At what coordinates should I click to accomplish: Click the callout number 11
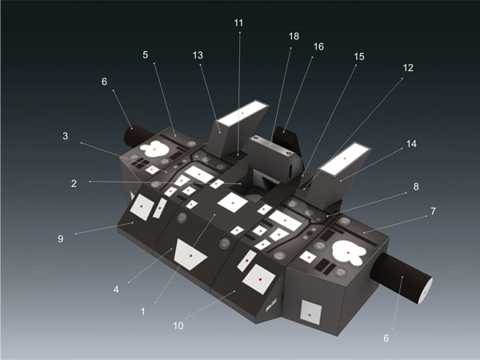tap(238, 23)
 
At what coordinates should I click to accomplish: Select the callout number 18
tap(294, 37)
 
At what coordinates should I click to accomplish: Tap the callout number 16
tap(318, 46)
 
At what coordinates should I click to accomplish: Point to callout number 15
tap(359, 57)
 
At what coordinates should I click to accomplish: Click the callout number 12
tap(408, 68)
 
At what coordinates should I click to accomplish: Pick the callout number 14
tap(411, 143)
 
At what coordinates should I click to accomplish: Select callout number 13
tap(198, 55)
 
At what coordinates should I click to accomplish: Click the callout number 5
tap(145, 54)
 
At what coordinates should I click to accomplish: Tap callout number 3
tap(66, 136)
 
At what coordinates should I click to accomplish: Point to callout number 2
tap(74, 184)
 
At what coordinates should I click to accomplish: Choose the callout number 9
tap(61, 238)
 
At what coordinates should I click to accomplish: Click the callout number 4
tap(116, 290)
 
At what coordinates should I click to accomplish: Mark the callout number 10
tap(178, 326)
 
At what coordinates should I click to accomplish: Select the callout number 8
tap(416, 186)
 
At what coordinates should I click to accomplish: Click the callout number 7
tap(433, 211)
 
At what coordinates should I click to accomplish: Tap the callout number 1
tap(143, 312)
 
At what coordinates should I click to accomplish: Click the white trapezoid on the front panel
tap(190, 254)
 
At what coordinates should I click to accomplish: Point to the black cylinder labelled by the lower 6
tap(402, 278)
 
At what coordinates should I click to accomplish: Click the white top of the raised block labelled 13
tap(242, 114)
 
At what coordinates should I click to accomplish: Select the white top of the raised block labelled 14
tap(345, 158)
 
